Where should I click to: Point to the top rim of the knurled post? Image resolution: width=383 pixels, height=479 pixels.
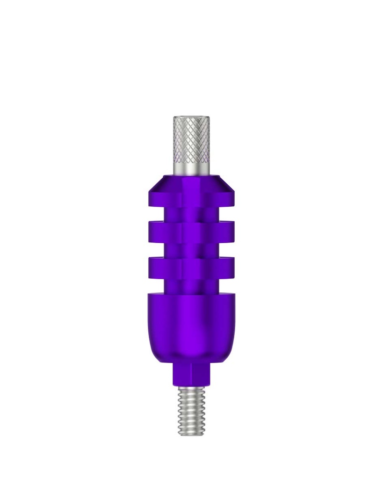coord(191,117)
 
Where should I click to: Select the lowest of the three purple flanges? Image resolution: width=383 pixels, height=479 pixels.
coord(191,267)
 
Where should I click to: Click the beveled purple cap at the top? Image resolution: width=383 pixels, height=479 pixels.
coord(191,192)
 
